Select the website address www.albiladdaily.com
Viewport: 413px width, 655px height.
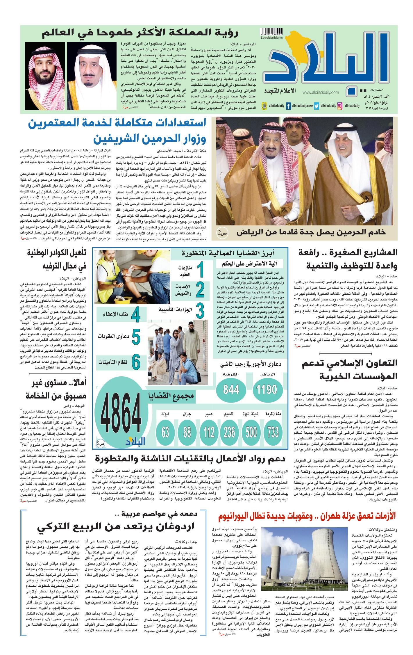[321, 92]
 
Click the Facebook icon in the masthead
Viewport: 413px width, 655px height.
[288, 106]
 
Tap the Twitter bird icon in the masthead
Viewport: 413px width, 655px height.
[317, 106]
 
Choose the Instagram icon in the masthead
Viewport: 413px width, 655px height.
[339, 106]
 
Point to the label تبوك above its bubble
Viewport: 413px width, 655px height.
[166, 414]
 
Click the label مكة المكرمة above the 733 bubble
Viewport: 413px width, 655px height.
[273, 414]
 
